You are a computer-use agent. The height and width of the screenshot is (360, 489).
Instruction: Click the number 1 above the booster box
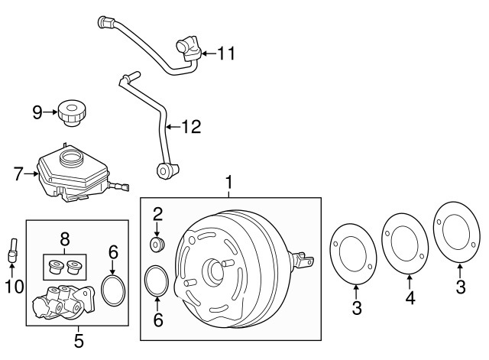(227, 183)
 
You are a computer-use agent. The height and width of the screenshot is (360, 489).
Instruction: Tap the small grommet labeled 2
(157, 245)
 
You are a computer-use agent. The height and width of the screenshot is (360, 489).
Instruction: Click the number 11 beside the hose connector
(227, 54)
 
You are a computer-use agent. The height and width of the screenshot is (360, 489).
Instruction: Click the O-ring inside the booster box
(157, 280)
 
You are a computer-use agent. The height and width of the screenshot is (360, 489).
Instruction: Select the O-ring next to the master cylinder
(113, 292)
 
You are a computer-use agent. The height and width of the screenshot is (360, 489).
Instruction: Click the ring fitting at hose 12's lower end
(164, 170)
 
